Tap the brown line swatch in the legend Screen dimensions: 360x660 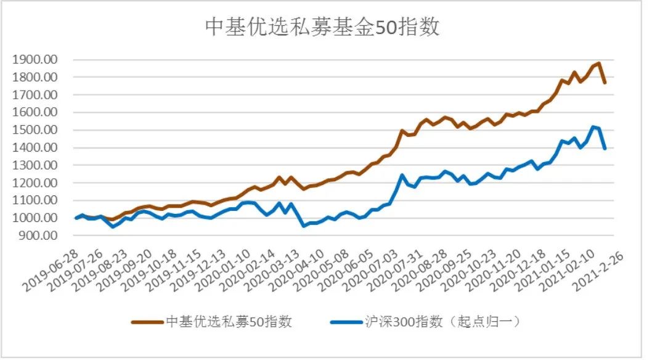(x=147, y=322)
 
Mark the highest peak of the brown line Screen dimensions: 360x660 (x=598, y=63)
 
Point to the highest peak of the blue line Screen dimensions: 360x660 (x=592, y=126)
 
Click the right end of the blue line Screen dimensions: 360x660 (x=605, y=149)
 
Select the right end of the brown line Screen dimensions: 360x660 (x=605, y=82)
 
